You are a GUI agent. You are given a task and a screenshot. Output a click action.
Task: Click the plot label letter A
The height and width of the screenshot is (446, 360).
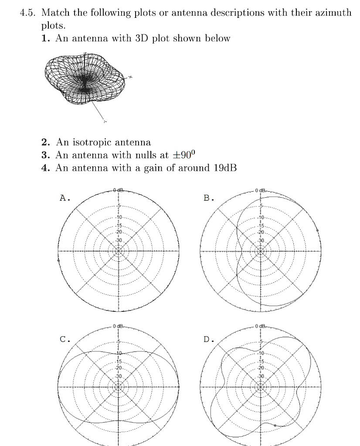point(63,198)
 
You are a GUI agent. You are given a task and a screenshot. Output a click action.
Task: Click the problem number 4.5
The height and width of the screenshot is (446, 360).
point(29,13)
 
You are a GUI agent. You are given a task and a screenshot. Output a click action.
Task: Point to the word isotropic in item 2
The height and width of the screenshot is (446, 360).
point(92,142)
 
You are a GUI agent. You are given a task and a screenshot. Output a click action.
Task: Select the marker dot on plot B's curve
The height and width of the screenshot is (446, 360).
point(317,230)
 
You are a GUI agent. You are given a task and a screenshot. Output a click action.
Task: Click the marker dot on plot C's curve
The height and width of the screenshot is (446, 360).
point(179,387)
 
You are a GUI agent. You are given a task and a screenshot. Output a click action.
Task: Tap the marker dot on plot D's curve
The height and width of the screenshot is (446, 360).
point(275,425)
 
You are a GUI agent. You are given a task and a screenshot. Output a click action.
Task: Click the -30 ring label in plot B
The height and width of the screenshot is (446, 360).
point(261,240)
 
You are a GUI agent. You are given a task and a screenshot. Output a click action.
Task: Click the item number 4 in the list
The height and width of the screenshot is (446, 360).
point(44,168)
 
